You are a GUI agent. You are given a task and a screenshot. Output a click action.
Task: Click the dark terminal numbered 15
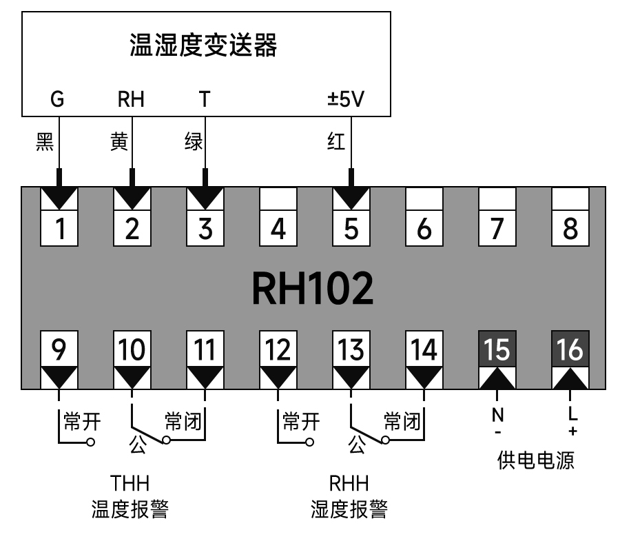click(x=497, y=351)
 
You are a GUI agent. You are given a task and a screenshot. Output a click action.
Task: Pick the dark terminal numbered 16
click(x=570, y=351)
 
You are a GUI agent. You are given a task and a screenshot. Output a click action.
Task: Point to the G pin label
click(x=58, y=100)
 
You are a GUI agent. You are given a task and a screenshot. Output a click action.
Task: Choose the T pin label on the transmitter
click(x=204, y=100)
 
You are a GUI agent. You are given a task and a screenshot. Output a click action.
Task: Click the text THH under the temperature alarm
click(x=130, y=481)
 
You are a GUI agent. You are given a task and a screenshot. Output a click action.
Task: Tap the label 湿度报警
click(x=349, y=510)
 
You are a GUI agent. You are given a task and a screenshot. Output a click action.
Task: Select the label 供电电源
click(x=535, y=461)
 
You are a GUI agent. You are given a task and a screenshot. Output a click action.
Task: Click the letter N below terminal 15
click(x=497, y=416)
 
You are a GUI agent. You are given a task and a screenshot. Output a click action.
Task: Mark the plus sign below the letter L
click(x=571, y=431)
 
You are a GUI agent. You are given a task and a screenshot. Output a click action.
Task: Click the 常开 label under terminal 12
click(x=301, y=421)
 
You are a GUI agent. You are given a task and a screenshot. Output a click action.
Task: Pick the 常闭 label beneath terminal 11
click(x=183, y=421)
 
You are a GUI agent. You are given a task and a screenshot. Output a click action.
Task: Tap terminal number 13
click(x=351, y=351)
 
